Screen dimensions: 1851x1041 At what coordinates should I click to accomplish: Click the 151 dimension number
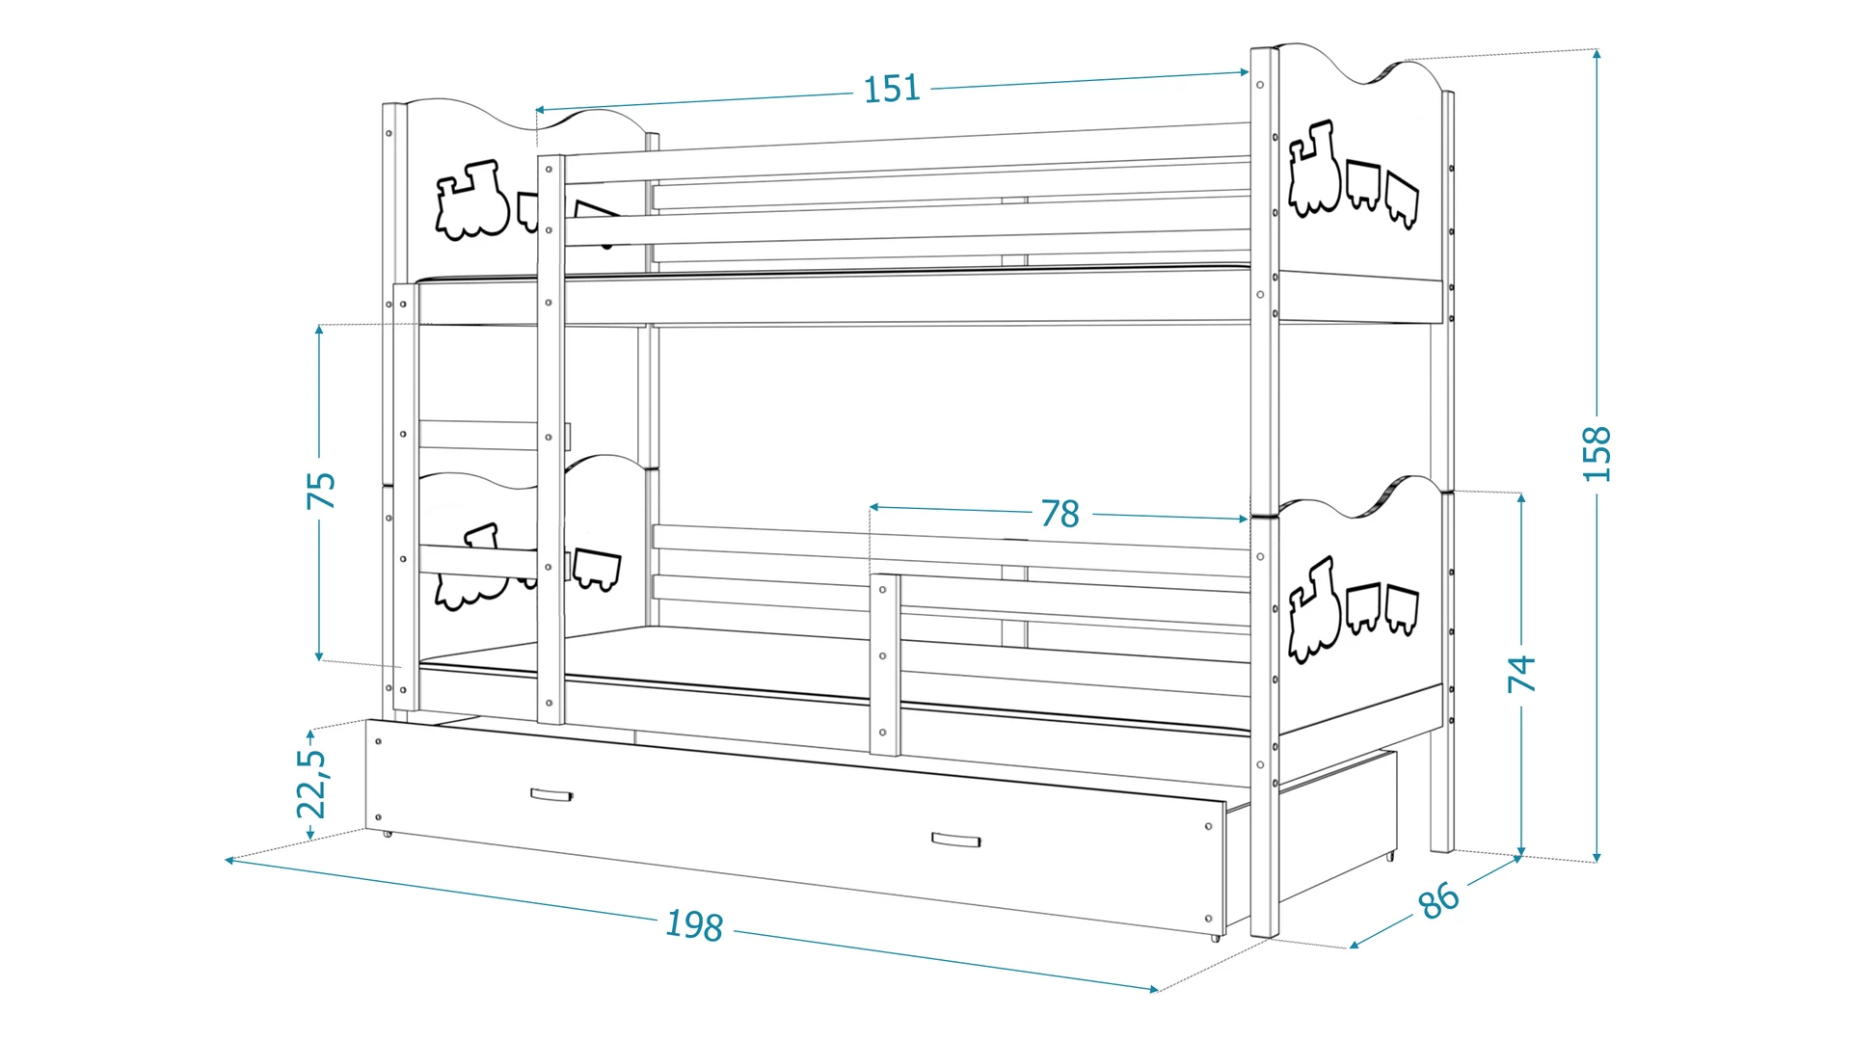[892, 89]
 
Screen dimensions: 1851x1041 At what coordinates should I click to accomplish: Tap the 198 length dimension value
[694, 925]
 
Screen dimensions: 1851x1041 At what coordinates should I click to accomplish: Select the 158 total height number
[1596, 453]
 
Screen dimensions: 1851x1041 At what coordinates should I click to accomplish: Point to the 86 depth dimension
[1439, 900]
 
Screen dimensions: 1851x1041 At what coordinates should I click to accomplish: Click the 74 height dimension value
[1521, 673]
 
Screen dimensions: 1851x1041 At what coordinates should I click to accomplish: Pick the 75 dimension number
[321, 491]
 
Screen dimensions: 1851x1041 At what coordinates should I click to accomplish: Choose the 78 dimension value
[1060, 514]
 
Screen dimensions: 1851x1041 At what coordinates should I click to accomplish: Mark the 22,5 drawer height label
[311, 783]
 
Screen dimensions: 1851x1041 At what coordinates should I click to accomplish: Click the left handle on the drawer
[551, 795]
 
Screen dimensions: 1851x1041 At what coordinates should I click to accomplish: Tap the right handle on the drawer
[955, 841]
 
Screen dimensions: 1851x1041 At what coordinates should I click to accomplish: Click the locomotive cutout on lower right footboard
[1313, 609]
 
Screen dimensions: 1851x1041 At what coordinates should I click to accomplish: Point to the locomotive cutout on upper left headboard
[471, 200]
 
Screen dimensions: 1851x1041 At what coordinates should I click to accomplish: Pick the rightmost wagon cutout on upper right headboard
[1402, 199]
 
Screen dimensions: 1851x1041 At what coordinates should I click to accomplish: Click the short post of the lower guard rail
[885, 664]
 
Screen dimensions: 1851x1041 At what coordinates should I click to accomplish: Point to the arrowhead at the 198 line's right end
[1152, 988]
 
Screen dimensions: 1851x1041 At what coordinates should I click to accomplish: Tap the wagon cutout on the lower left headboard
[597, 569]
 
